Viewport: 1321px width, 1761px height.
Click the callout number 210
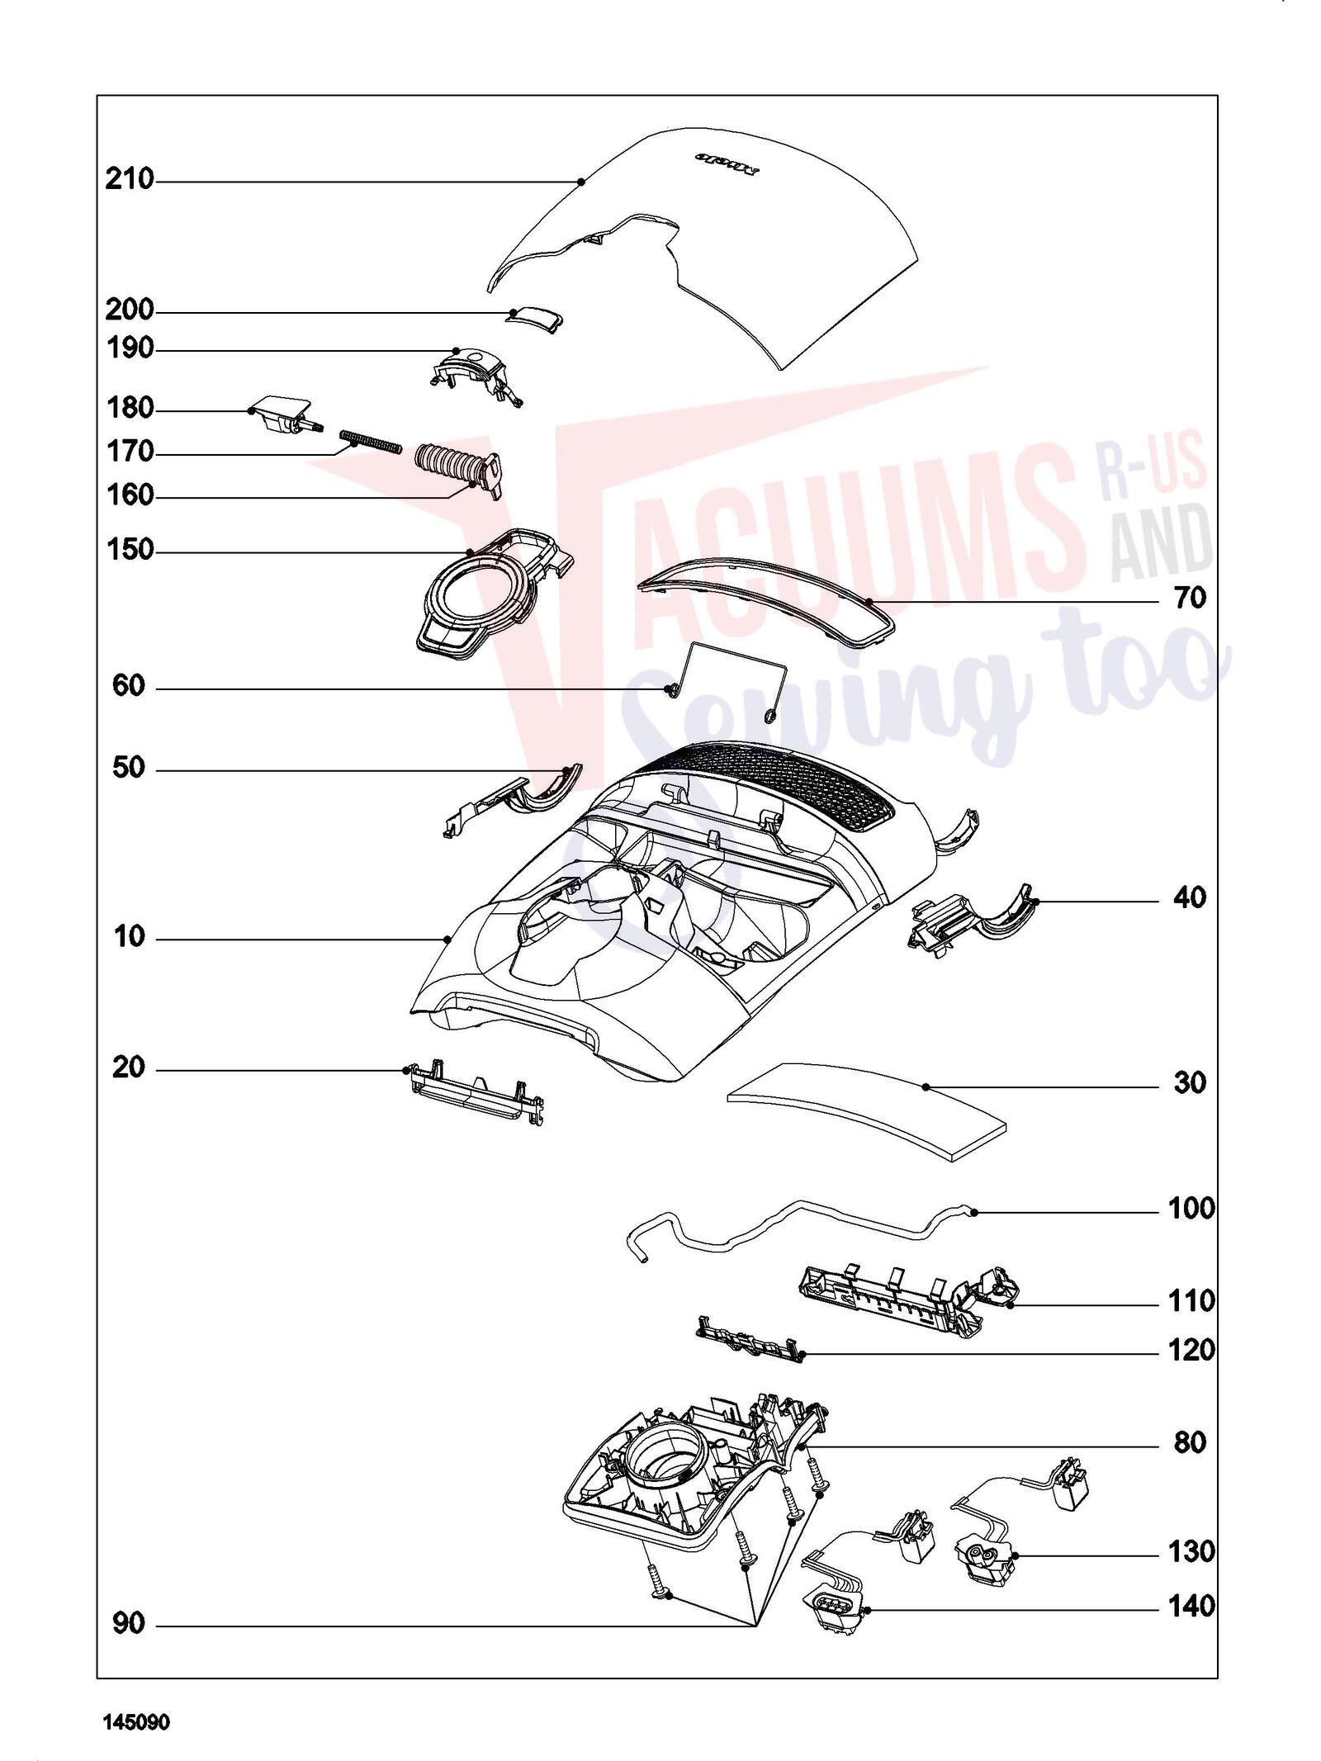(130, 179)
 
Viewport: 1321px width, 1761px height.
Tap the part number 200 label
(130, 310)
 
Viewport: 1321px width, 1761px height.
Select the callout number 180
(130, 408)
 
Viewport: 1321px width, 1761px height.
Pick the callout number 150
(130, 550)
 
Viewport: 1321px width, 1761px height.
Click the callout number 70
(1190, 598)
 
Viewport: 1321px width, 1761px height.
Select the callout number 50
(129, 768)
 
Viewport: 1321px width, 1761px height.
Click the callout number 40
(1190, 897)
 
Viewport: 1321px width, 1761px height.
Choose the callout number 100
(1191, 1210)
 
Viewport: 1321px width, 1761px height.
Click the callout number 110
(1191, 1301)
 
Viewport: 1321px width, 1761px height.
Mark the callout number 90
(129, 1624)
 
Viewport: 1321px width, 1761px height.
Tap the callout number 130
(1191, 1552)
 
